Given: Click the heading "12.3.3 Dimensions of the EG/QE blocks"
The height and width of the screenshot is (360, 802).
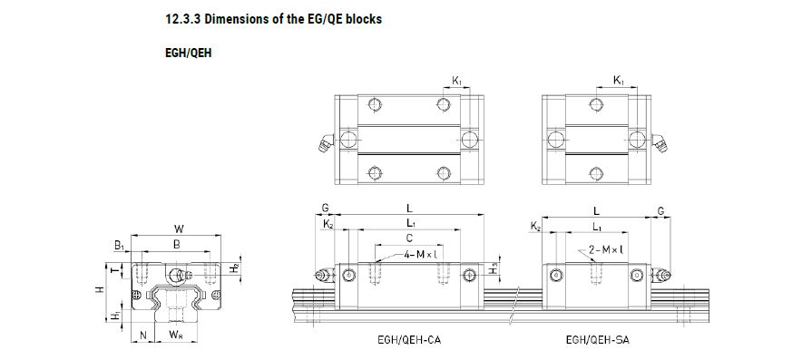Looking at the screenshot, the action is [274, 20].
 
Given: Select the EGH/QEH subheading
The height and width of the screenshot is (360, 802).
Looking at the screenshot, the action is [188, 54].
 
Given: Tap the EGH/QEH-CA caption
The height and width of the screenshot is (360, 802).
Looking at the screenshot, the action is [408, 339].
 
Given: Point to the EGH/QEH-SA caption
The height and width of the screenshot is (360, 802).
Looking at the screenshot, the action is [597, 339].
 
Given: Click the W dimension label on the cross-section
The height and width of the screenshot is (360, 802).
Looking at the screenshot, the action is [179, 229].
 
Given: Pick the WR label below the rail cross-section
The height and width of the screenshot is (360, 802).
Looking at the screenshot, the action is [175, 336].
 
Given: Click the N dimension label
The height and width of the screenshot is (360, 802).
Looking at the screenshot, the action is [143, 336].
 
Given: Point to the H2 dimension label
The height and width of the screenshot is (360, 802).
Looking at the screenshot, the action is [234, 268].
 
